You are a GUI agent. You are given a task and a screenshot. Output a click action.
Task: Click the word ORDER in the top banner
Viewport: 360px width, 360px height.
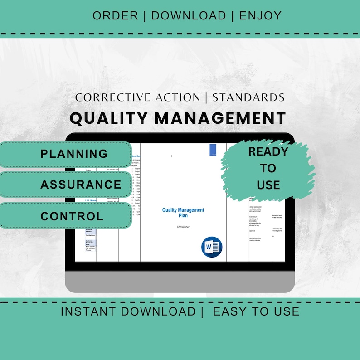point(115,15)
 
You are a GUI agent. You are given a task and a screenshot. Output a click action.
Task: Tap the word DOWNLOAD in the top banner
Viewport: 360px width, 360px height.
point(189,15)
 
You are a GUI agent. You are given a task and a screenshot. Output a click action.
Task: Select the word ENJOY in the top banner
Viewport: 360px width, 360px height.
point(260,15)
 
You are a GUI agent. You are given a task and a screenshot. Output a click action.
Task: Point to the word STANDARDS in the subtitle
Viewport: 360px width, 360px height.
point(248,97)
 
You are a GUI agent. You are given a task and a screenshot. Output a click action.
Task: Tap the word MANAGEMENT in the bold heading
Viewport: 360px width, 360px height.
point(220,118)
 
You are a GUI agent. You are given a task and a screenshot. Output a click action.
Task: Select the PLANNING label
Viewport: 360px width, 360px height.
point(74,154)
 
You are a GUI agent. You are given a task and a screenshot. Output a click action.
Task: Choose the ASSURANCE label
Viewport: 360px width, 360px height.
point(81,185)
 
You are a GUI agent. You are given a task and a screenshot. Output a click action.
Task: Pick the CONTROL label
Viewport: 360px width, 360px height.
point(72,216)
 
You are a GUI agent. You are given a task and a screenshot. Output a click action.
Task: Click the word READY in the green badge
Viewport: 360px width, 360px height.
point(268,152)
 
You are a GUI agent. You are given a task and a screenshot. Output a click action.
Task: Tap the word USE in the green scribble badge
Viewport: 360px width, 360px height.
point(268,185)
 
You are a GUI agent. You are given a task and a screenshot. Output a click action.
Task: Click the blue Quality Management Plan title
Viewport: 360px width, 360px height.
point(183,213)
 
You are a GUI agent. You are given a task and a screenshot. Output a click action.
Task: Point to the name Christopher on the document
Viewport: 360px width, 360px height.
point(183,227)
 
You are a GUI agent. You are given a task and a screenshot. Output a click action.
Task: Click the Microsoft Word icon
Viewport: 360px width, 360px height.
point(211,247)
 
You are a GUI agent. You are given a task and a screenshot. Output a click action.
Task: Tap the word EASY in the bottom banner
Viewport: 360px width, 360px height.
point(230,311)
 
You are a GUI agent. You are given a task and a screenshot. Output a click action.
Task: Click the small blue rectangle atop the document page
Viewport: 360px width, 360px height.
point(213,150)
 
